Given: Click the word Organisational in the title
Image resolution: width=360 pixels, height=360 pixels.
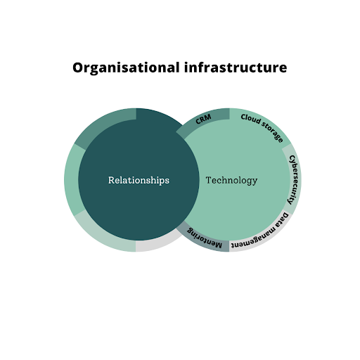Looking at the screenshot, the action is (x=126, y=68).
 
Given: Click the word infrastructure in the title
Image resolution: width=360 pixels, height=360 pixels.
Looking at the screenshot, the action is (x=236, y=67).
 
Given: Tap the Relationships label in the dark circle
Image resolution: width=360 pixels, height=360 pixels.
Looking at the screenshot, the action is (x=139, y=181).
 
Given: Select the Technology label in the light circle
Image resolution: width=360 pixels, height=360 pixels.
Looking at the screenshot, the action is (x=231, y=181).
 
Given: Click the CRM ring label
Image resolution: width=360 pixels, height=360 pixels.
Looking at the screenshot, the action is (x=203, y=119).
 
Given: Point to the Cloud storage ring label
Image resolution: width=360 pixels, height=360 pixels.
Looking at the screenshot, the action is (x=262, y=127).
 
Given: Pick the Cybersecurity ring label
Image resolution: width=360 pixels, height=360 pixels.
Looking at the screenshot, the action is (x=294, y=180).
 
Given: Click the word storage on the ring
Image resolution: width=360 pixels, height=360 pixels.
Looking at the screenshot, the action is (x=273, y=132).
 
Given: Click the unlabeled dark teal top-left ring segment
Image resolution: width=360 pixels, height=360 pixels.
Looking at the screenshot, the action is (x=103, y=124).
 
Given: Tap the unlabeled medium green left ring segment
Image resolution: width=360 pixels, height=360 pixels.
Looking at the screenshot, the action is (x=73, y=180).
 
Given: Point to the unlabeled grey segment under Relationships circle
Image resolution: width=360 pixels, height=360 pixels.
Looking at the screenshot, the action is (x=157, y=244).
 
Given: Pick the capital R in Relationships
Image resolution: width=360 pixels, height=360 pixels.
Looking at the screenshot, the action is (x=111, y=180).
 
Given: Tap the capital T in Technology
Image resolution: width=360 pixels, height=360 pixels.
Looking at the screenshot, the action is (x=209, y=180).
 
